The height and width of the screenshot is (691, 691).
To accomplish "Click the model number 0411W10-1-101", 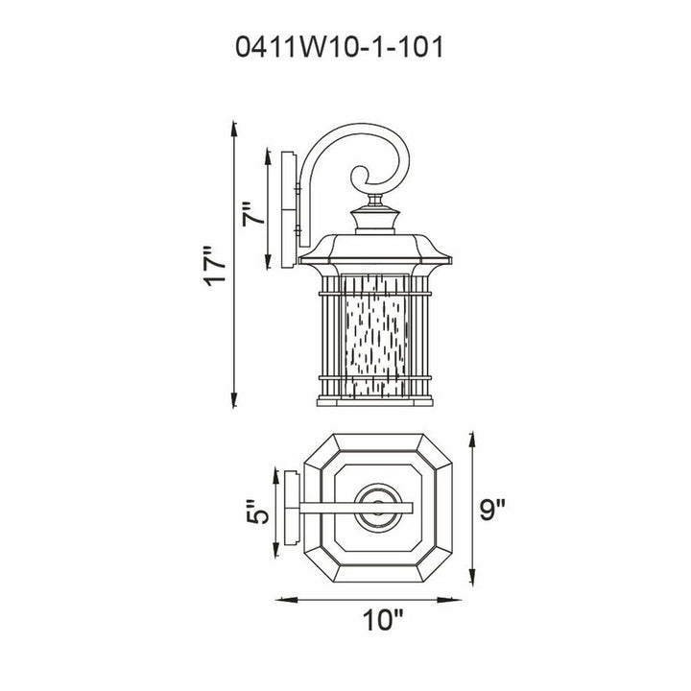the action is pos(340,47).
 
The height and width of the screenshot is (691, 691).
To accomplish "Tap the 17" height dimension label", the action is pos(215,267).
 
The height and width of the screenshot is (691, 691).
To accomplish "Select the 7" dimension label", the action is pos(253,214).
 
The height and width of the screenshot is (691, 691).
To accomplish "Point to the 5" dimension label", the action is pos(257,512).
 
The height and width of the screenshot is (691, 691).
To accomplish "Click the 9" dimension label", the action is pos(491,510).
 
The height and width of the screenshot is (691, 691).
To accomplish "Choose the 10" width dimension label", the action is pos(383,620).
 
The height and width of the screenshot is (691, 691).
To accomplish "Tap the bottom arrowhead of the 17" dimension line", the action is pos(234,398).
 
